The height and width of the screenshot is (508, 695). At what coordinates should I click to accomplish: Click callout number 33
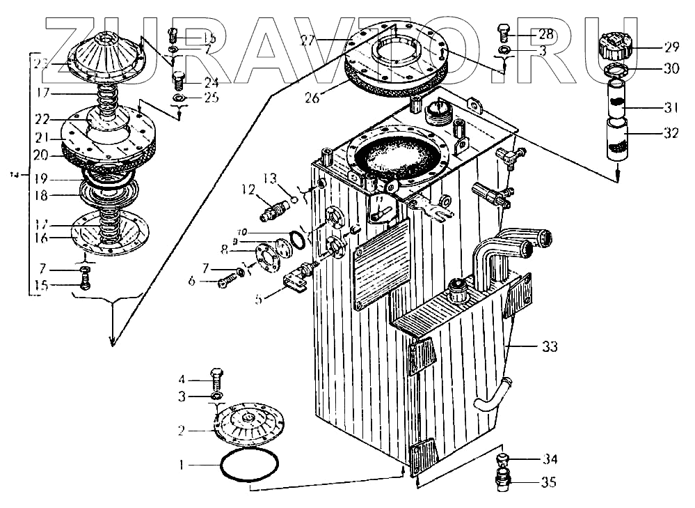coord(549,346)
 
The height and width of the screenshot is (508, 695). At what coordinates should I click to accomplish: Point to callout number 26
coord(312,98)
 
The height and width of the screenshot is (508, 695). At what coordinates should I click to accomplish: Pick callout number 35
coord(548,482)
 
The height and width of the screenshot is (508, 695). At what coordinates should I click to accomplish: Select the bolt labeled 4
coord(216,380)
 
